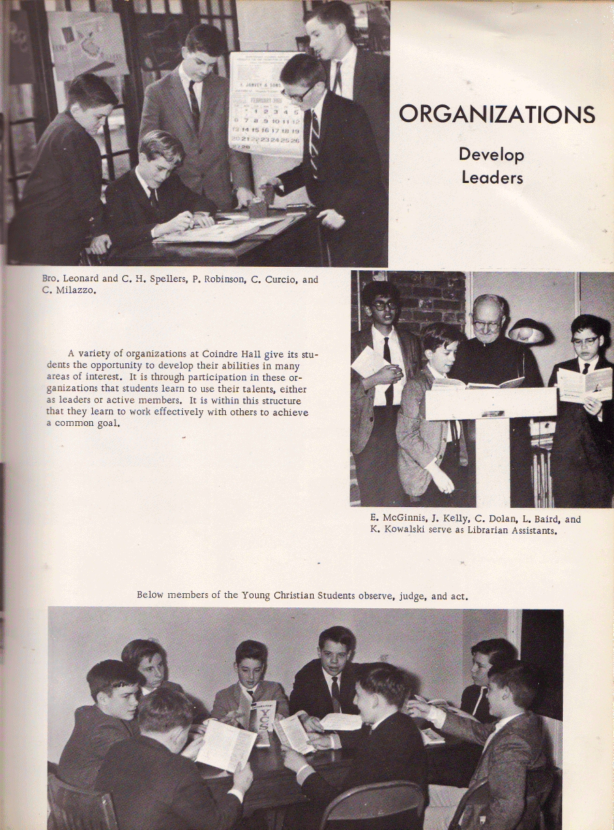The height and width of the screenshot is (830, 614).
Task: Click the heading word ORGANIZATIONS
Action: (x=497, y=113)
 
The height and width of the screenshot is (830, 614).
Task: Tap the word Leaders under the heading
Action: (x=491, y=177)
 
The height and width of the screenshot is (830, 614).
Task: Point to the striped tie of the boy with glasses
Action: (x=315, y=140)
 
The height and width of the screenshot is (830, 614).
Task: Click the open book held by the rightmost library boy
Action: (x=585, y=384)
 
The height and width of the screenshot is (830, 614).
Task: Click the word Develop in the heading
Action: (x=491, y=154)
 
